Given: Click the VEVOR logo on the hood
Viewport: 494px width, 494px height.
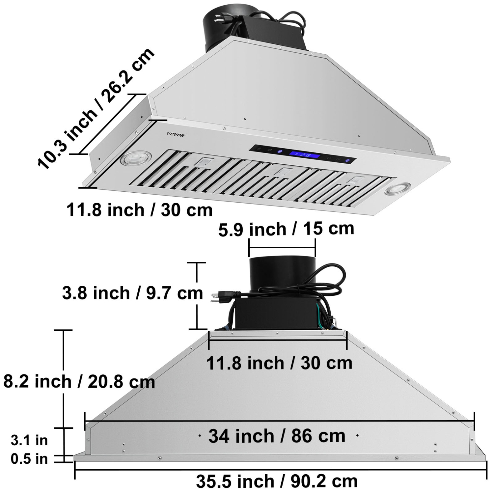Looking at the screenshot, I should [x=176, y=134].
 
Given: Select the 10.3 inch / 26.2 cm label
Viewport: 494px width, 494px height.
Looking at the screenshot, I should [x=96, y=109].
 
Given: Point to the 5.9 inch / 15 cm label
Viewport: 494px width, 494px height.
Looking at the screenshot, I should [x=286, y=229].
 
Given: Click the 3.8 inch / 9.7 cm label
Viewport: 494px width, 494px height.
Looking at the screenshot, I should [x=132, y=293].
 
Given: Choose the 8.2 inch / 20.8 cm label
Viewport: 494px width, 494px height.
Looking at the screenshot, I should [x=79, y=381].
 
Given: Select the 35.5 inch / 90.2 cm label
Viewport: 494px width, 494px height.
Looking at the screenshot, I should [x=277, y=481].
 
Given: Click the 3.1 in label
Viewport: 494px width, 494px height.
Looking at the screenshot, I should [x=29, y=440].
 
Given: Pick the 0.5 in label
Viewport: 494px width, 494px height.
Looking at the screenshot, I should [x=29, y=459].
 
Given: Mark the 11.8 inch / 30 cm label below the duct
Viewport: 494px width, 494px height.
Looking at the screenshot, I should [x=279, y=363].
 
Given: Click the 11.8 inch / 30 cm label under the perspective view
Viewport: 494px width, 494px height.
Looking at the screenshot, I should [x=139, y=210].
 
